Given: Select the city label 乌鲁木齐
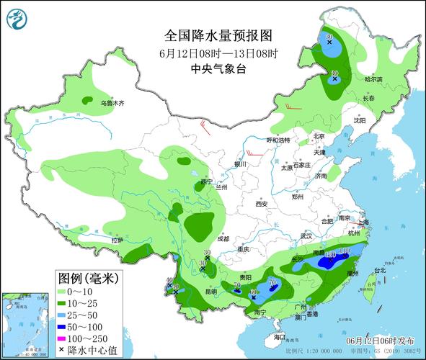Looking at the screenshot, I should [112, 104].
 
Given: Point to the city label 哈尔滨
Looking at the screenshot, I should [375, 79].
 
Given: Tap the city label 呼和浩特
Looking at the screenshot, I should [278, 140].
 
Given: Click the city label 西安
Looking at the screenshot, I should [260, 204].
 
